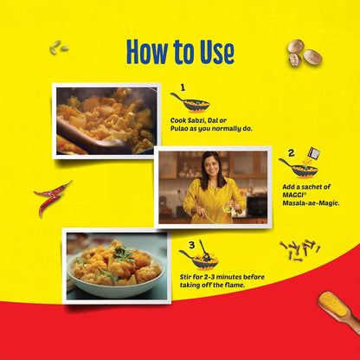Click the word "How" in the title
click(x=147, y=51)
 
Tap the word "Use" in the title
click(x=213, y=51)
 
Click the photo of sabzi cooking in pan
click(x=106, y=119)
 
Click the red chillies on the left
click(x=52, y=196)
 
